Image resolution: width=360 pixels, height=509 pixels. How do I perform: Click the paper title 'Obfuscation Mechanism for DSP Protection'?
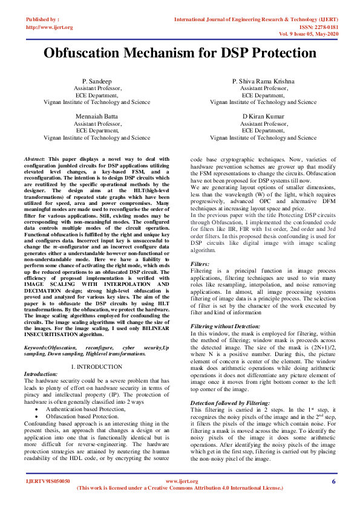point(180,53)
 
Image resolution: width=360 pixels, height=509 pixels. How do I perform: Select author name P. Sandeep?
point(97,81)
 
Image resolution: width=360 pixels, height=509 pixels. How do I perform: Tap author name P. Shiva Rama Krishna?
point(263,81)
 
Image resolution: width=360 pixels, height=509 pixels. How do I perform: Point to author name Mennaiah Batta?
point(97,115)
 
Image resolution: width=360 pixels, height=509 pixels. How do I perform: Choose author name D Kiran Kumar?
point(263,115)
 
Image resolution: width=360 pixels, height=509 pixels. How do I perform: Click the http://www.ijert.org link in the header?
point(50,27)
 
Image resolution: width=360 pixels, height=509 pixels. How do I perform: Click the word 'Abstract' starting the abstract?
point(34,158)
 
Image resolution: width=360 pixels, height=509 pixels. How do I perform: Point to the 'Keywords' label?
point(36,349)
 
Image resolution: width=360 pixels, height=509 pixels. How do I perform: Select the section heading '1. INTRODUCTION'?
point(97,366)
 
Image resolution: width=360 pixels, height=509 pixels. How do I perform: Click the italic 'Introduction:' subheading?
point(41,374)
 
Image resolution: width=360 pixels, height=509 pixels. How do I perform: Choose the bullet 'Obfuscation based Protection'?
point(82,416)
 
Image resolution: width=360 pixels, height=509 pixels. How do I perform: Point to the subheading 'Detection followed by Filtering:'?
point(231,402)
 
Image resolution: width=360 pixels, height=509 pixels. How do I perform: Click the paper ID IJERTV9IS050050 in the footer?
point(48,481)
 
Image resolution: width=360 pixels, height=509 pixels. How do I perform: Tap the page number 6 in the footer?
point(333,481)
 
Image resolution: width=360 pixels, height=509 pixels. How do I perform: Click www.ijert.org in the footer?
point(182,481)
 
